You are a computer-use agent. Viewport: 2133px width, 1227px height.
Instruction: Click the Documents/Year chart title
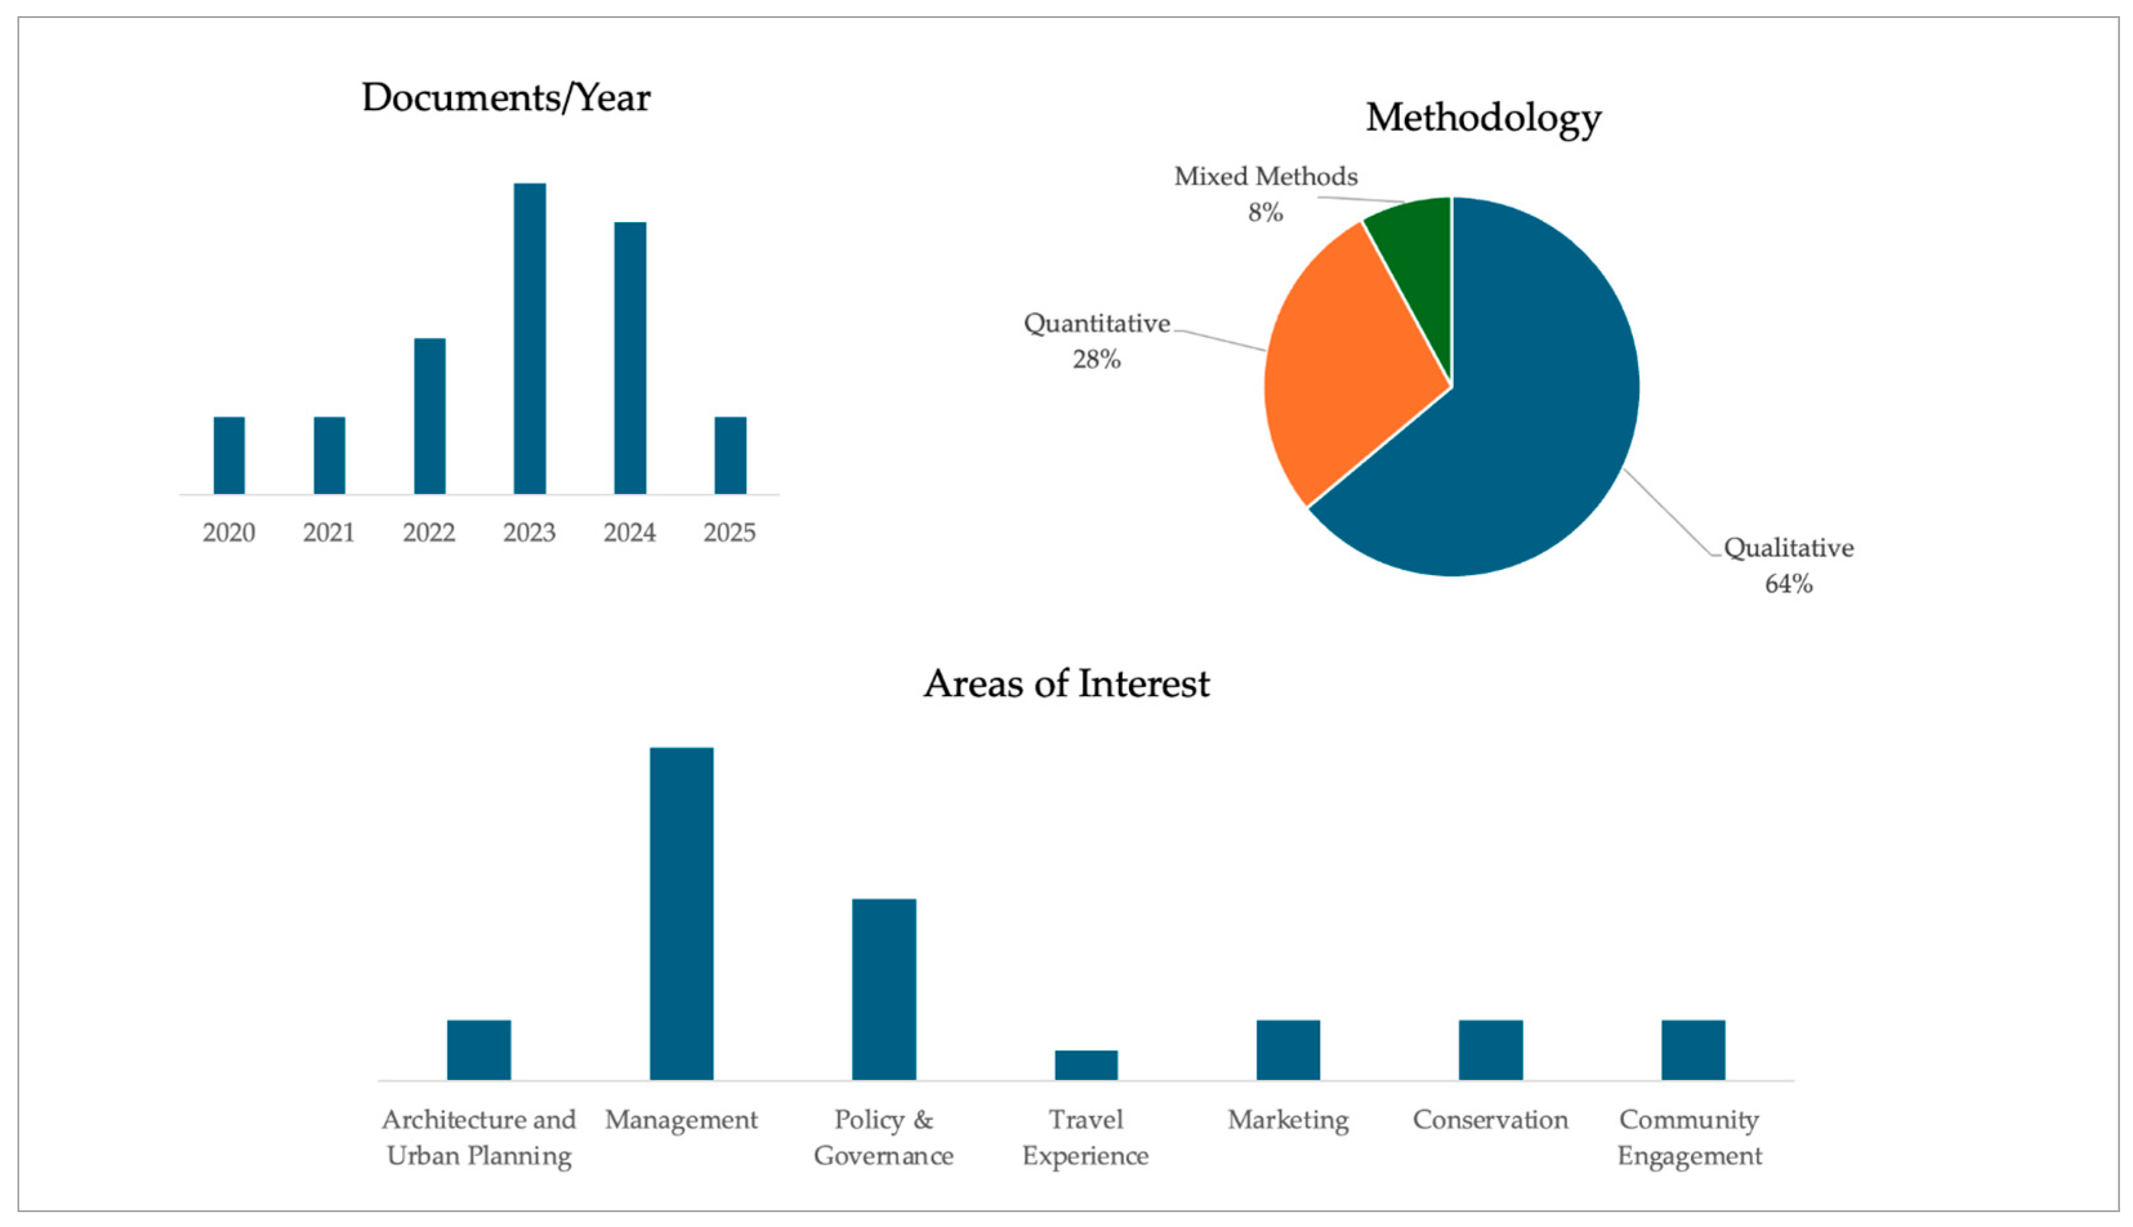tap(506, 98)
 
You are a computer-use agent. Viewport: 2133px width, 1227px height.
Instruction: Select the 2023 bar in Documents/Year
tap(530, 337)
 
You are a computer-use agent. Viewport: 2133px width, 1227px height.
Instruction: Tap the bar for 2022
tap(429, 415)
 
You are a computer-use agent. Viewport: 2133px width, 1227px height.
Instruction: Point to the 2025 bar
tap(730, 455)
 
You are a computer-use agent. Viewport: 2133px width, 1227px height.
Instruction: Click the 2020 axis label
tap(229, 533)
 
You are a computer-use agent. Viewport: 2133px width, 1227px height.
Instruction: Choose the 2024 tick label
tap(629, 533)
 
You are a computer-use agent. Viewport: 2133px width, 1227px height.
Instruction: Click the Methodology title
tap(1482, 117)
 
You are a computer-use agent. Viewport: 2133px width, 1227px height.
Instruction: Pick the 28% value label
tap(1096, 360)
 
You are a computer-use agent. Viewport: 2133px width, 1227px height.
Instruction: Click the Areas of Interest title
tap(1066, 683)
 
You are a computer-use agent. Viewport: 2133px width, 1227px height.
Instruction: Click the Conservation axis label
tap(1490, 1120)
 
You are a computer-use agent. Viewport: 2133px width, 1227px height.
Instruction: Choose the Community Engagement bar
tap(1692, 1049)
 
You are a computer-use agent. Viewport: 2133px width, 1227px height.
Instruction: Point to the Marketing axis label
tap(1288, 1120)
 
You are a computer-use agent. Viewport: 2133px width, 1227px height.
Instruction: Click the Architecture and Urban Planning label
tap(479, 1137)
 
